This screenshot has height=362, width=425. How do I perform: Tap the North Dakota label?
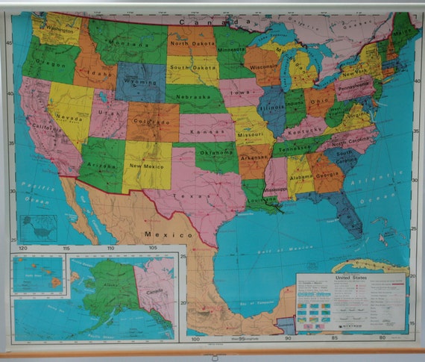[190, 43]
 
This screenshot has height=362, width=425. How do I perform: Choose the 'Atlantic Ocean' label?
[388, 187]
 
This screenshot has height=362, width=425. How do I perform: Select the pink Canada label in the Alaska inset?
[156, 292]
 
